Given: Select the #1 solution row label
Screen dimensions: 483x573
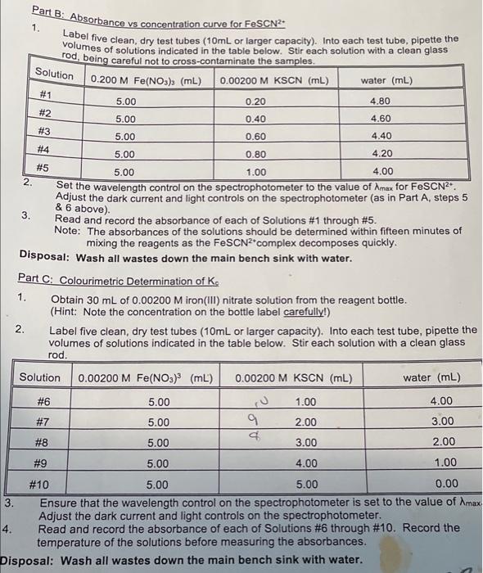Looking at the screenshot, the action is (46, 95).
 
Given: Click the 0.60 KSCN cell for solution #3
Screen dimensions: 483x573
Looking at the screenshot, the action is (256, 136).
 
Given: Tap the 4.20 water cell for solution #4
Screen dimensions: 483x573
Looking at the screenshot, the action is (381, 153).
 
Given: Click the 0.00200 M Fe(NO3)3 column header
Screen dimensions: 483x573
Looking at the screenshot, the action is (144, 377).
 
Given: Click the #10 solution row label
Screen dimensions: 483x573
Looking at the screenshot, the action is (40, 483).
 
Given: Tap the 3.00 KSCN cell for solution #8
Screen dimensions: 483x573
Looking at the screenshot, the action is (305, 443).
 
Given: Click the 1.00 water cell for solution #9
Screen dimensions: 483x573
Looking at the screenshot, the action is (443, 462).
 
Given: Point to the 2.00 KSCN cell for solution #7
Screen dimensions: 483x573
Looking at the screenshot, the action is (305, 422).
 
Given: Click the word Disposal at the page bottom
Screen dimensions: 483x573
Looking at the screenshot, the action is (28, 560).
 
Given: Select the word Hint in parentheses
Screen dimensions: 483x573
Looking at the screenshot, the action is (68, 311).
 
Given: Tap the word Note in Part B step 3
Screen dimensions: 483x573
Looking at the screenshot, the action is (66, 230).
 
